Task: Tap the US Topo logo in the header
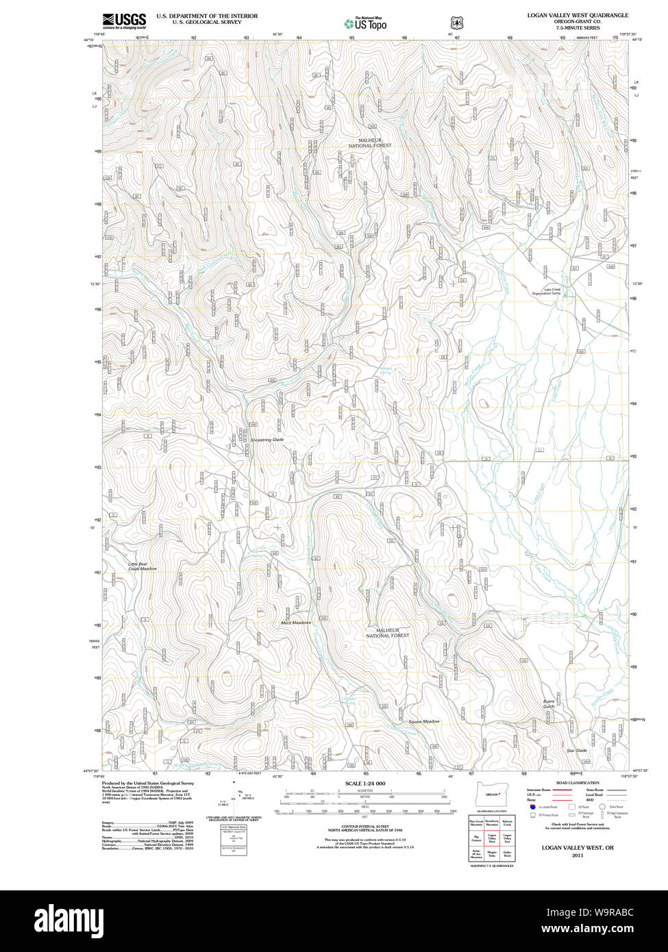pyautogui.click(x=365, y=23)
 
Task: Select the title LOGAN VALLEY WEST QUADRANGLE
pyautogui.click(x=577, y=14)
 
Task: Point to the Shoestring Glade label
pyautogui.click(x=267, y=440)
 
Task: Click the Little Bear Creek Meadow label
pyautogui.click(x=143, y=566)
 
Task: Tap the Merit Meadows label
pyautogui.click(x=295, y=623)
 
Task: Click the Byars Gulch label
pyautogui.click(x=548, y=703)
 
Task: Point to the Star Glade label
pyautogui.click(x=577, y=751)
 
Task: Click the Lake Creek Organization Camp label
pyautogui.click(x=546, y=292)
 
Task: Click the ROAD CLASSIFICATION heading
pyautogui.click(x=577, y=783)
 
